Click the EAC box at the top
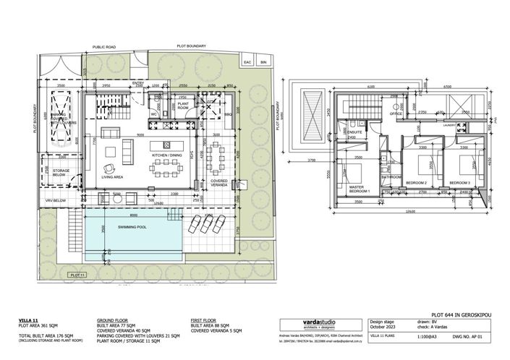tap(247, 63)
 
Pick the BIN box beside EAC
tap(263, 63)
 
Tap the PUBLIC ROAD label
tap(104, 47)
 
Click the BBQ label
tap(227, 114)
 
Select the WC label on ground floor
tap(155, 113)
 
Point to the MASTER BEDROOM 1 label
tap(357, 189)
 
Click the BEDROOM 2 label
tap(415, 184)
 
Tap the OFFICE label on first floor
tap(396, 114)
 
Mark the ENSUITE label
tap(354, 133)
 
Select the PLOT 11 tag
tap(77, 275)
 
